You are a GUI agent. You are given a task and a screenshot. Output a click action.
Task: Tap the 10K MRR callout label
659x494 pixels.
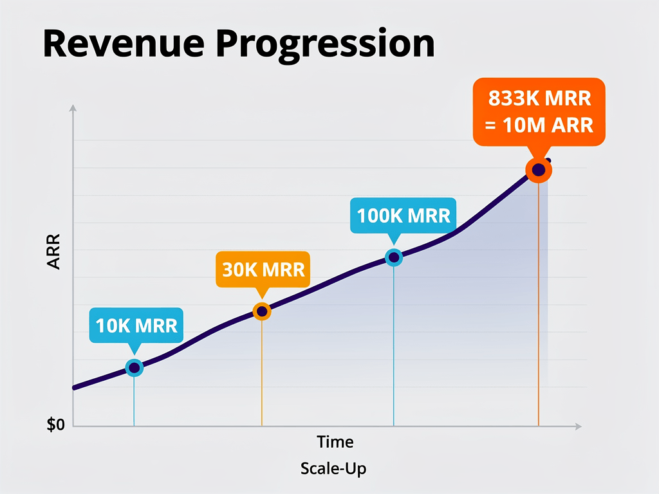[x=136, y=325]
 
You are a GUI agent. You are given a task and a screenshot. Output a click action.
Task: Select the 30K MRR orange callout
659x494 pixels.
[x=263, y=269]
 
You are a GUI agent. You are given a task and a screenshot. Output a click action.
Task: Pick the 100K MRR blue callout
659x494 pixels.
[x=404, y=215]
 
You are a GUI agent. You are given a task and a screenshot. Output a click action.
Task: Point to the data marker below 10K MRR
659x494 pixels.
[x=134, y=367]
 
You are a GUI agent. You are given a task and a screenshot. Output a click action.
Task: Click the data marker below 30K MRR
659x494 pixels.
[x=262, y=311]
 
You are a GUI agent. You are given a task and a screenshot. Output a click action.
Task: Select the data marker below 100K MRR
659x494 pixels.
[x=394, y=257]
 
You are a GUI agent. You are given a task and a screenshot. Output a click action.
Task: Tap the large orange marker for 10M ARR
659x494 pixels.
[x=539, y=170]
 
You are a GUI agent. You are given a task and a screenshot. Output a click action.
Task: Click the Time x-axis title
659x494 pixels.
[x=335, y=442]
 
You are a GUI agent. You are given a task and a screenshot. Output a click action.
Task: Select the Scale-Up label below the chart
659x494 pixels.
[x=333, y=468]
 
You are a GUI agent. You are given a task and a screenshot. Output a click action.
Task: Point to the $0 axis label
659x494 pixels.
[x=56, y=425]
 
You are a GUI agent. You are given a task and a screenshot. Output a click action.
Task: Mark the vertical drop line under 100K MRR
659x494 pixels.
[x=394, y=347]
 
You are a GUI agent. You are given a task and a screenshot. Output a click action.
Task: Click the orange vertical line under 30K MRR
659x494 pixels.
[x=262, y=373]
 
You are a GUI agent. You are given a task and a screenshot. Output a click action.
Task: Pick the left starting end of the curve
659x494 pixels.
[x=75, y=387]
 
